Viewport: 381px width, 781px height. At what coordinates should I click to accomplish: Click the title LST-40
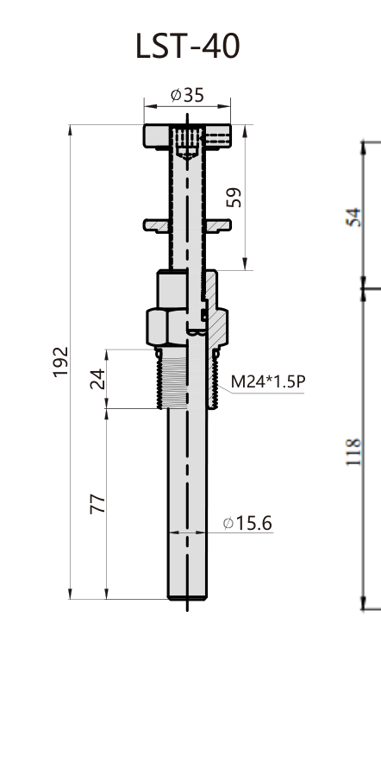(188, 47)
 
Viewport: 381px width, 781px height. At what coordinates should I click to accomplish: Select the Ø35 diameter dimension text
(187, 95)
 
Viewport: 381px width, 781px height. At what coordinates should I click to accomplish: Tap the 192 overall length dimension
(60, 362)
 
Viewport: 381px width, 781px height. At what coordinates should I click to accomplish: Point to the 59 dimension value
(234, 198)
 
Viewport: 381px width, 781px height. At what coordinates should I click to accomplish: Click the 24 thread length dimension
(97, 379)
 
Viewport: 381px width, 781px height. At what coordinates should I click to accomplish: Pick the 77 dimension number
(97, 504)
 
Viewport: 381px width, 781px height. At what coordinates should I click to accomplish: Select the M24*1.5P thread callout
(268, 381)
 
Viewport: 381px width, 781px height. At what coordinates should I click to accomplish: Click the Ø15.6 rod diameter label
(247, 524)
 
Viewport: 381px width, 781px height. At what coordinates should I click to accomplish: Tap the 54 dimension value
(353, 217)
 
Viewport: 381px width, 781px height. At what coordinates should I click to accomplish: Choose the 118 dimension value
(353, 451)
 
